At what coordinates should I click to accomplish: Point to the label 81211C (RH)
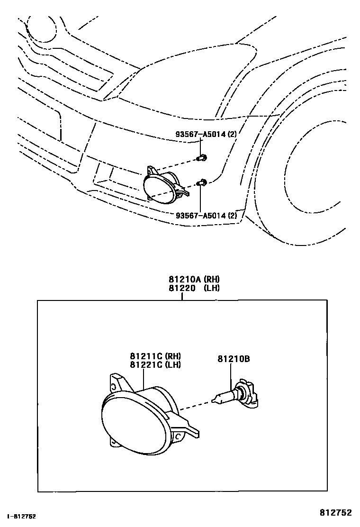156,356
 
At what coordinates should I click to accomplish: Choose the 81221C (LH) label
156,364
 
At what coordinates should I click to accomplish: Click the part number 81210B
234,359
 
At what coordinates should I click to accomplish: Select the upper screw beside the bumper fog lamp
203,157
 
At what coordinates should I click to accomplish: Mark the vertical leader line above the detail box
182,296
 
